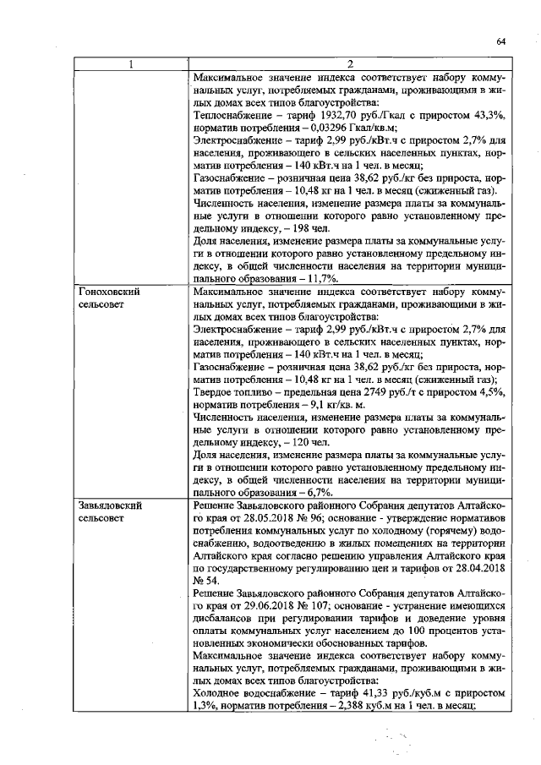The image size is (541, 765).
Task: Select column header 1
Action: pyautogui.click(x=130, y=64)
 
